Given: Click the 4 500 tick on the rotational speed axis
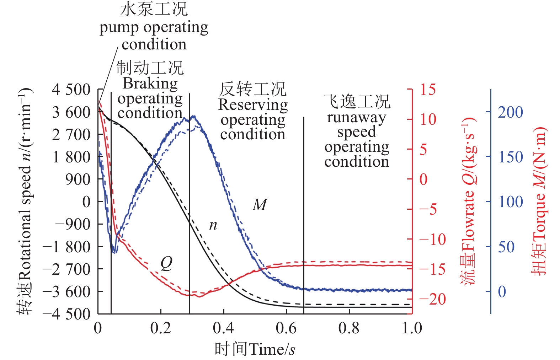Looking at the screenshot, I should [71, 90].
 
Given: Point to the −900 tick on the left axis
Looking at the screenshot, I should [73, 224].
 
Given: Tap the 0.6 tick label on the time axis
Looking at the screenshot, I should [286, 328].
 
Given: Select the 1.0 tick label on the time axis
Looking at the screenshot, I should [412, 328].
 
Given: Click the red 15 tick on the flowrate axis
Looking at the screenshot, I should [428, 90].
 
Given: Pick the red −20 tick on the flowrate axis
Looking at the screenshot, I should [432, 299].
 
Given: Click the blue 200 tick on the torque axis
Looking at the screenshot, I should [510, 112].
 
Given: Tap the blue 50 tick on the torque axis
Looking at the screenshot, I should [506, 247].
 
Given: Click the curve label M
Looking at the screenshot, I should [260, 205].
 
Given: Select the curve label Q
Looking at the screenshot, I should [166, 263].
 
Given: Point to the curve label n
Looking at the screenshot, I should [213, 225].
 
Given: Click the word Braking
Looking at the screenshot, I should [150, 84].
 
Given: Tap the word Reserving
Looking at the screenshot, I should [253, 104].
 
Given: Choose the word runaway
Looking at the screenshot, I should [356, 117].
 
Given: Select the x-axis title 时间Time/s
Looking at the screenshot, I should [255, 349].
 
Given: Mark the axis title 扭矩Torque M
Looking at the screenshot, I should [539, 201].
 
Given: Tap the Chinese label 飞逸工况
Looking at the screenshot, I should [356, 102].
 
